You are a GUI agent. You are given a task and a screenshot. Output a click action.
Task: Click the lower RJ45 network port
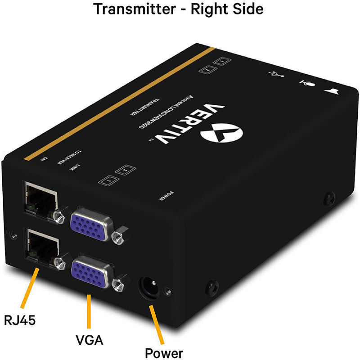(x=42, y=245)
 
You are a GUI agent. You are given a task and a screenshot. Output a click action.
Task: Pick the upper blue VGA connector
(x=91, y=222)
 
